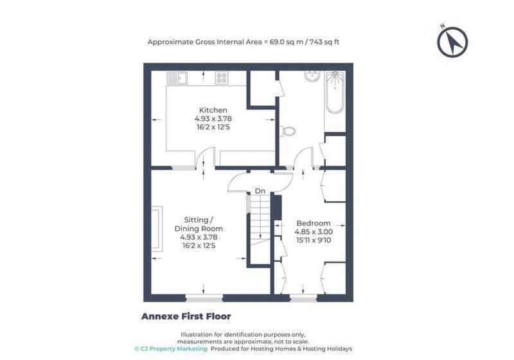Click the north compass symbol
pos(452,42)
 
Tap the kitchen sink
pos(177,78)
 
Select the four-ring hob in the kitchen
pos(221,78)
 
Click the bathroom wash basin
pos(312,76)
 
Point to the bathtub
pos(335,92)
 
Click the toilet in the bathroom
pos(288,131)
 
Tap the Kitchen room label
pos(213,110)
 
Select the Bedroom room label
pos(314,223)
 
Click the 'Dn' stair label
pos(260,191)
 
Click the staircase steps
pos(260,219)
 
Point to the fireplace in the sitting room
pos(157,228)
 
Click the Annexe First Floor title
pos(186,316)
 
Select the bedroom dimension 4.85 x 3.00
pos(314,232)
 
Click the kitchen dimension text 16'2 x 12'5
pos(213,127)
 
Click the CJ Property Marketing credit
pos(171,349)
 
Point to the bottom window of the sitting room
pos(204,298)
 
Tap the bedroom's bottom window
pos(303,298)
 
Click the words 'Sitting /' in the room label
pos(199,220)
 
